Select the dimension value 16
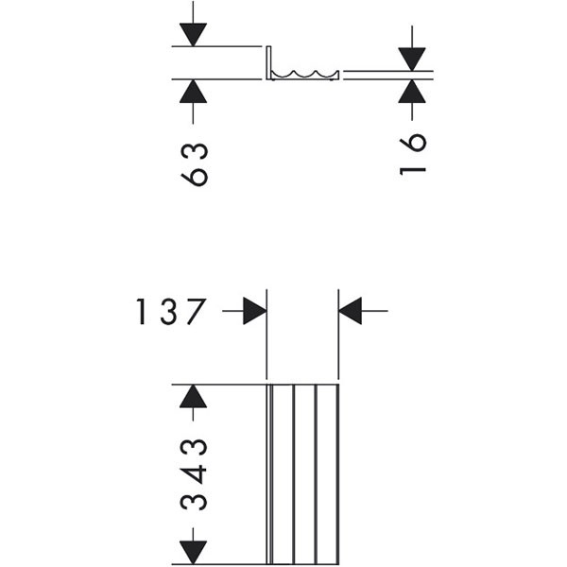coord(413,153)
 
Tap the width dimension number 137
coord(169,312)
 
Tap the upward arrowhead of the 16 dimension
coord(413,91)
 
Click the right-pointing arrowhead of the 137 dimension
coord(253,311)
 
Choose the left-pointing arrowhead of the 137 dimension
coord(351,311)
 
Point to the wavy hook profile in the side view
coord(305,74)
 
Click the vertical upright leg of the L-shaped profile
coord(270,61)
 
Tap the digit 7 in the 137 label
coord(196,312)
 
